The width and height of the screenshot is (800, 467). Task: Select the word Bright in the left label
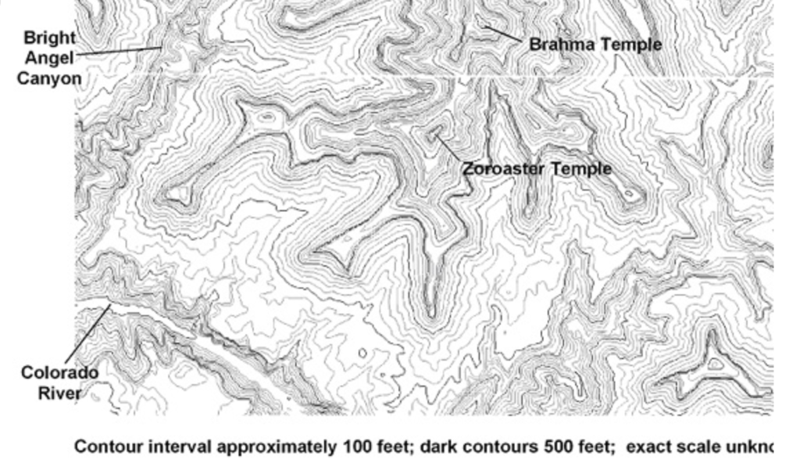tap(50, 38)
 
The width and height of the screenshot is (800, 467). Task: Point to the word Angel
tap(50, 58)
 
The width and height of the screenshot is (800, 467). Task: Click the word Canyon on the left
tap(49, 78)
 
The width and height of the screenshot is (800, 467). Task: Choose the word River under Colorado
tap(59, 393)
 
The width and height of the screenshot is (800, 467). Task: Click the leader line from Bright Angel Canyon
tap(117, 52)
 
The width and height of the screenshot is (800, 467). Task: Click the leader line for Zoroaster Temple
tap(448, 148)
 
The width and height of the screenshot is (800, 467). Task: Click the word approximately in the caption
tap(277, 447)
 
